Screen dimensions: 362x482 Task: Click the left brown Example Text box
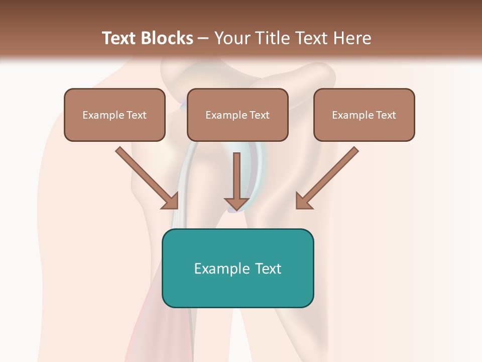coord(114,115)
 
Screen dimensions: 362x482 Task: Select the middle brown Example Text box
coord(237,115)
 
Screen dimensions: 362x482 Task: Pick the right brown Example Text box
coord(364,115)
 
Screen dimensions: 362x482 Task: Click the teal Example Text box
coord(237,268)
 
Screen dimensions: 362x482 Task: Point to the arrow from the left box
coord(146,176)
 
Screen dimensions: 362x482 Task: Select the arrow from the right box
coord(329,176)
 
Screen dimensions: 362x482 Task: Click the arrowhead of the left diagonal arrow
coord(171,201)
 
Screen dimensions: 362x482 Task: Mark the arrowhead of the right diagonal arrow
coord(304,201)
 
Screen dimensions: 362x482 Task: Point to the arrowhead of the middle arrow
coord(236,203)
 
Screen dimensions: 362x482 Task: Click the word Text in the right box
coord(386,115)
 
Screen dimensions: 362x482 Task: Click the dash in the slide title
coord(203,39)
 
